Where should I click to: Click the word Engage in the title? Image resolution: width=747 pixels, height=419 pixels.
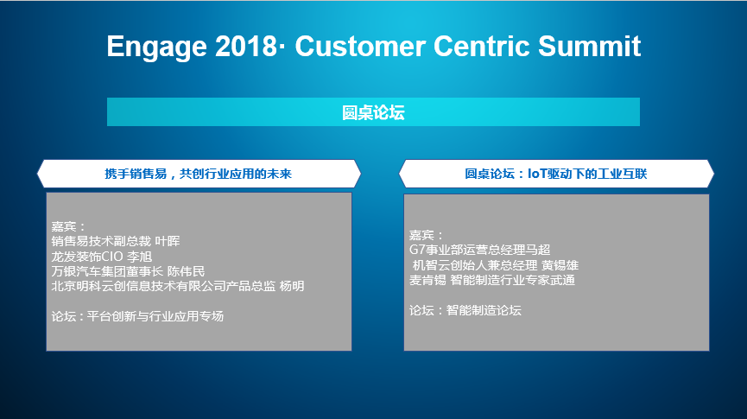(156, 48)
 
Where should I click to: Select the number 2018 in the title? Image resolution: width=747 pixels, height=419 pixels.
(245, 47)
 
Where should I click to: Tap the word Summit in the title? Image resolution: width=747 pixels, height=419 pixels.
(589, 47)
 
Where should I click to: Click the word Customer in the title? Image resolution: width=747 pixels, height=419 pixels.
(360, 47)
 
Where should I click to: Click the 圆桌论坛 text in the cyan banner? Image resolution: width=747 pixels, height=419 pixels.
(373, 112)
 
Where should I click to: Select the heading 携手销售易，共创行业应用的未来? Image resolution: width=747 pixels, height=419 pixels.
(198, 174)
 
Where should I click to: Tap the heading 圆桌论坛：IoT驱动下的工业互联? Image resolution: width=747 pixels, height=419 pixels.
(555, 174)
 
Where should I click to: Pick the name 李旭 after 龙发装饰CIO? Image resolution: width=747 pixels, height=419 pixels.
(140, 257)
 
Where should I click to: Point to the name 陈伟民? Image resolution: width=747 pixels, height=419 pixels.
(187, 271)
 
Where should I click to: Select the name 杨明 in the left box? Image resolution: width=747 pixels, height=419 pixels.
(292, 286)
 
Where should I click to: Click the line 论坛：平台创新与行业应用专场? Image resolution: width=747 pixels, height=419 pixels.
(137, 316)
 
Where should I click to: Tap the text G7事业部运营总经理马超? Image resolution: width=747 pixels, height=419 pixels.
(480, 250)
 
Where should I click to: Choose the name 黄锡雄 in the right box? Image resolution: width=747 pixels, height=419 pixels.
(560, 265)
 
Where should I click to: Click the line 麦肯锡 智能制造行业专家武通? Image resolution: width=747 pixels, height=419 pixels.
(492, 280)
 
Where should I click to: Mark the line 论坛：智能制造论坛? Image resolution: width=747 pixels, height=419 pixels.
(465, 310)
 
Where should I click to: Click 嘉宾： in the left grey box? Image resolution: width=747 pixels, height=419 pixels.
(68, 226)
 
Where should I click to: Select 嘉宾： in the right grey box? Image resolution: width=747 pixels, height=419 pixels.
(426, 235)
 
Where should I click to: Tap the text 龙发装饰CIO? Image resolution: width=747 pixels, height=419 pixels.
(87, 257)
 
